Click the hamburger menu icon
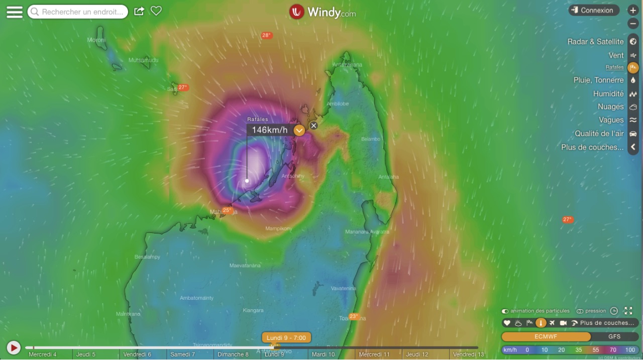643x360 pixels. [x=15, y=12]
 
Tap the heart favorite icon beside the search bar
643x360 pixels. [x=156, y=11]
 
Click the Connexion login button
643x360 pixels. [x=594, y=11]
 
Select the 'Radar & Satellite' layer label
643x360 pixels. [x=595, y=42]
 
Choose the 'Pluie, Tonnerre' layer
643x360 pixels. [x=598, y=80]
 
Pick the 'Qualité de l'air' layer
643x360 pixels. [x=599, y=134]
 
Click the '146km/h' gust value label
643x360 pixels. [x=269, y=130]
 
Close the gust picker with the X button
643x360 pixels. [x=313, y=126]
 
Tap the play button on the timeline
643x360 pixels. [x=14, y=347]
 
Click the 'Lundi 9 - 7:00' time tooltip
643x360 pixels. [x=286, y=338]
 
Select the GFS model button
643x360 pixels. [x=614, y=337]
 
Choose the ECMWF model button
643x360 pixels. [x=546, y=337]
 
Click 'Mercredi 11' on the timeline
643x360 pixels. [x=374, y=354]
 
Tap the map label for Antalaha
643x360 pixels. [x=388, y=177]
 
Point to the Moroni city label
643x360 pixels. [x=96, y=40]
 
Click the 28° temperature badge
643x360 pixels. [x=266, y=36]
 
